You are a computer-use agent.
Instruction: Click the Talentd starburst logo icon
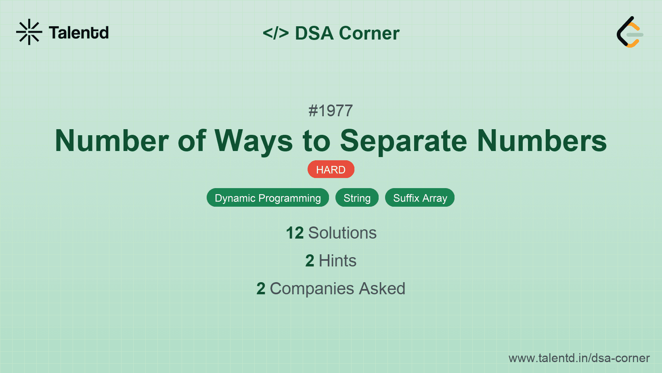click(x=29, y=32)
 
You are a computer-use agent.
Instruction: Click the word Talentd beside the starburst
click(x=79, y=33)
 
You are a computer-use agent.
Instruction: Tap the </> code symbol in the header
click(x=276, y=33)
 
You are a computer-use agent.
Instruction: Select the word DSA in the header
click(x=314, y=33)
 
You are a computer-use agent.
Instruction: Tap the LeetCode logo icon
click(x=630, y=32)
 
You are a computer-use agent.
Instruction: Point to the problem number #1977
click(x=331, y=111)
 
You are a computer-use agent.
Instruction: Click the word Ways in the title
click(x=253, y=141)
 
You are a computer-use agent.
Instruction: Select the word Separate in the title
click(x=403, y=141)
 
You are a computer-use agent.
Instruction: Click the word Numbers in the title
click(x=542, y=141)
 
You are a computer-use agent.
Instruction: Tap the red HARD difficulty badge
click(x=331, y=170)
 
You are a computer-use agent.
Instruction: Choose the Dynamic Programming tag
click(x=268, y=198)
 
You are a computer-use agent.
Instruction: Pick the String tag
click(x=357, y=198)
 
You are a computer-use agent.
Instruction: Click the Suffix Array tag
click(x=420, y=198)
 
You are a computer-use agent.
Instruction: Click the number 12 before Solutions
click(x=294, y=233)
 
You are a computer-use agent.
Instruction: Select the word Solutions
click(x=342, y=233)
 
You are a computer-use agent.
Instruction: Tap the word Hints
click(x=337, y=261)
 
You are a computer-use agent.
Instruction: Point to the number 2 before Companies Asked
click(x=261, y=289)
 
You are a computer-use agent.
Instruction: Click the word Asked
click(x=382, y=289)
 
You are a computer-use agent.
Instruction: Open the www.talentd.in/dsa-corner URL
click(x=579, y=358)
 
